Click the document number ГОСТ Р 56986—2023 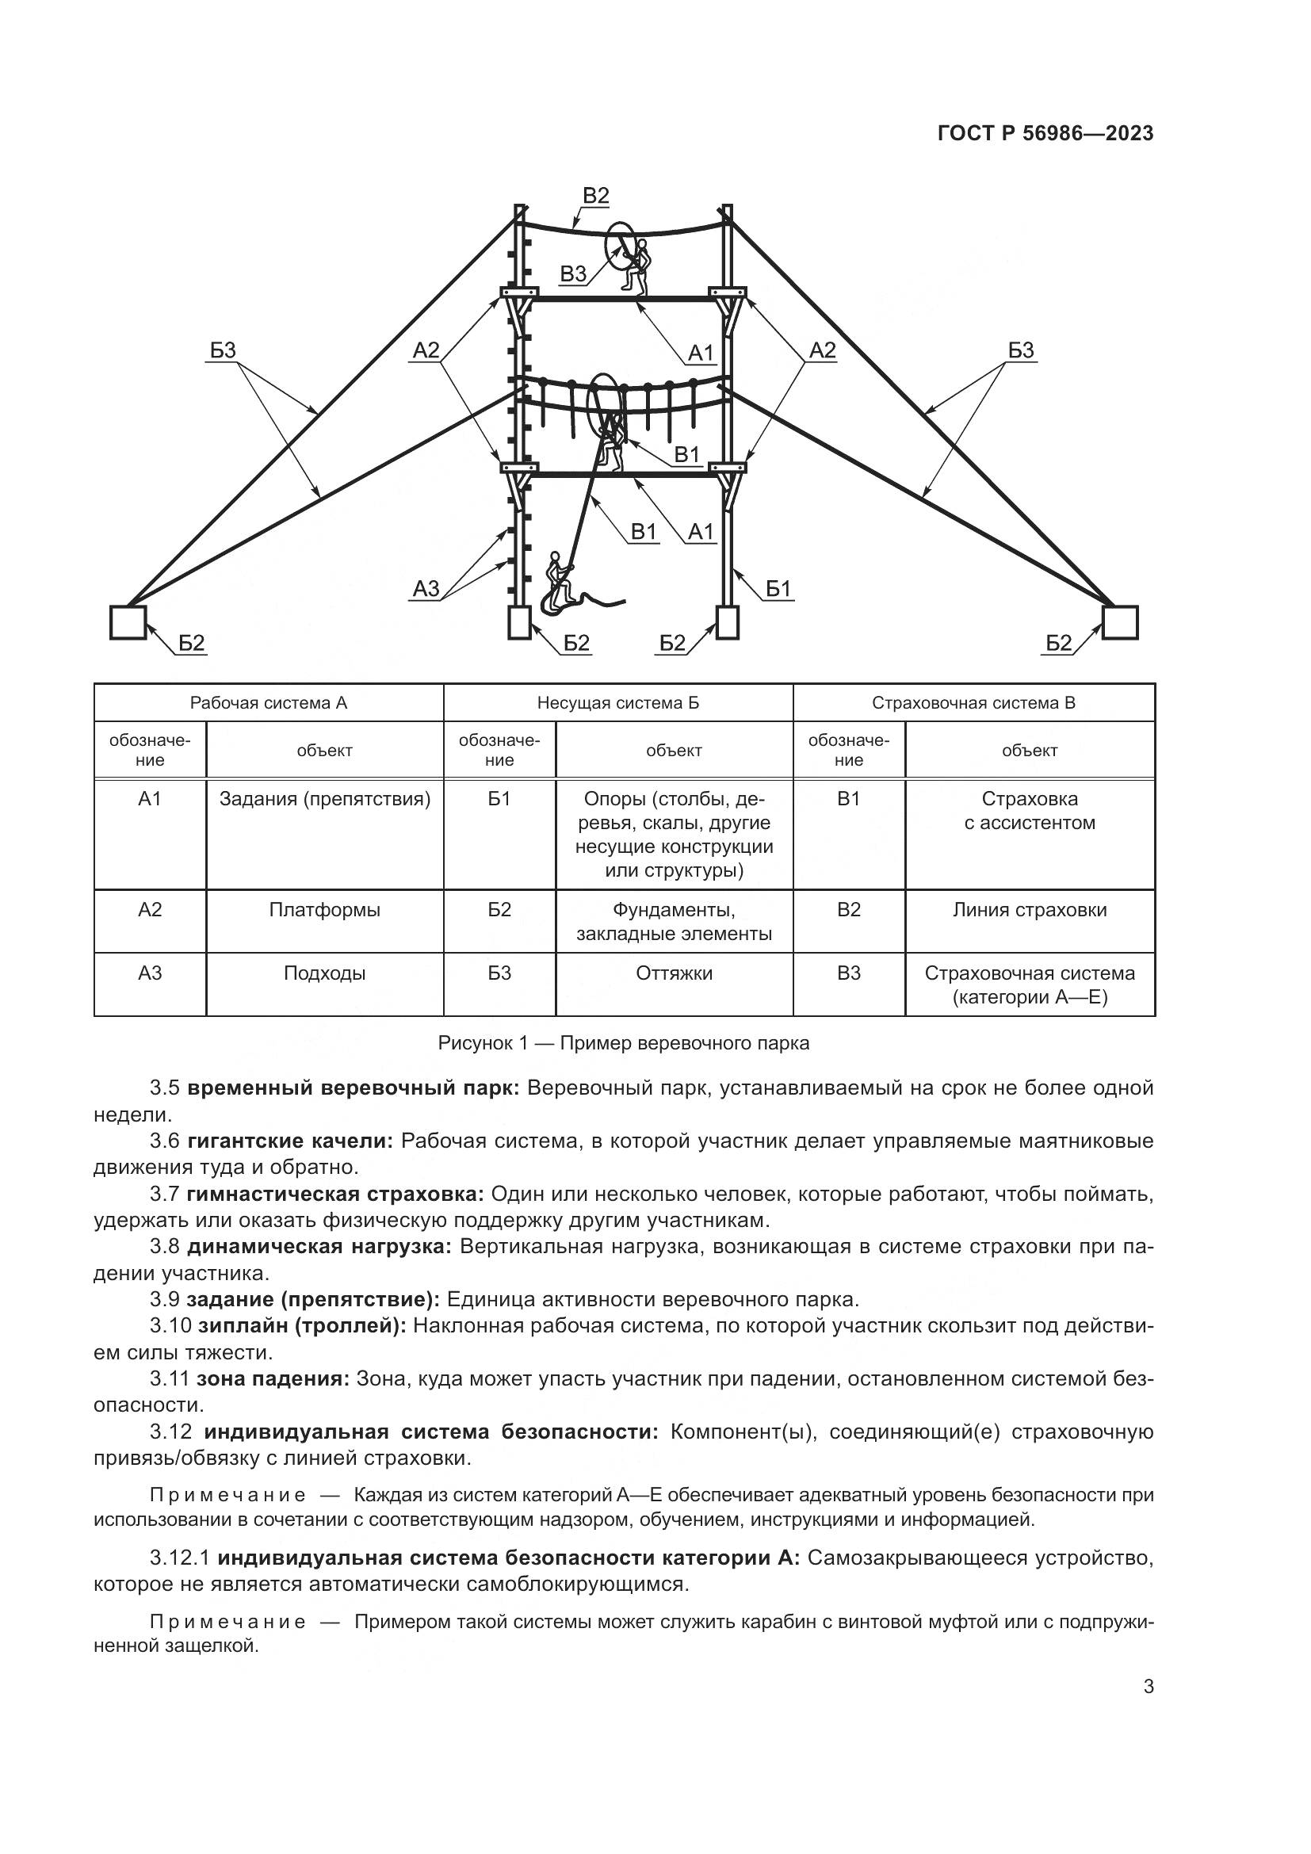[1045, 134]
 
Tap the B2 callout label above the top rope [595, 197]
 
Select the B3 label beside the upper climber [573, 274]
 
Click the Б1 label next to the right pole [778, 590]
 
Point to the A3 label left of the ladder [426, 589]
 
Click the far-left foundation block [128, 622]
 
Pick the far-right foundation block [1120, 622]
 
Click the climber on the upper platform [638, 267]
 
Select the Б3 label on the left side [223, 350]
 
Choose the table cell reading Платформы [324, 910]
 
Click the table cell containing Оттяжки [674, 973]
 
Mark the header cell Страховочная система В [973, 702]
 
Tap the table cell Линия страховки [1030, 910]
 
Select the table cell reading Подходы [324, 973]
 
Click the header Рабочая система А [268, 702]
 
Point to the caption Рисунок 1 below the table [623, 1043]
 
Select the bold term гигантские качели [290, 1141]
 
